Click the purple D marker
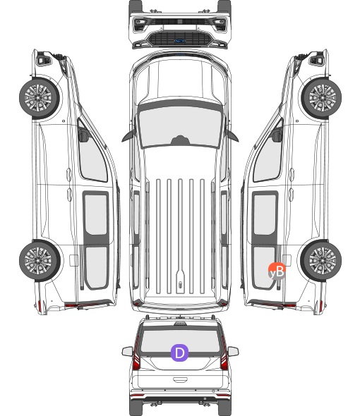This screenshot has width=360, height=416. point(179,353)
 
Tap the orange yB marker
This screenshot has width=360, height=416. point(277,271)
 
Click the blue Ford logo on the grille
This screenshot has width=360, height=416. point(180,41)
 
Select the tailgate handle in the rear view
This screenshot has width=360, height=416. point(180,380)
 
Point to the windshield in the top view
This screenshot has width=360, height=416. point(180,126)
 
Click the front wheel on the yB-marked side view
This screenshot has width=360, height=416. point(321,97)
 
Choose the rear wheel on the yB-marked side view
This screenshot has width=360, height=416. point(321,260)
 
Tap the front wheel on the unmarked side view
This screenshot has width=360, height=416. point(40,97)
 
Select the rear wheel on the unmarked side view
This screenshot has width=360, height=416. point(40,260)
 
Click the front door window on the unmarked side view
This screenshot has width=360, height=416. point(92,154)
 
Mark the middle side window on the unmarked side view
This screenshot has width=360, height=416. point(96,214)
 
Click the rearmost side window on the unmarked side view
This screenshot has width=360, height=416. point(96,267)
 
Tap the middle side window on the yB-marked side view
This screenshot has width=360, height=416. point(265,214)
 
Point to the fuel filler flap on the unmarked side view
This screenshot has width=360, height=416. point(73,260)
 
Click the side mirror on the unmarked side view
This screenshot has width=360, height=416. point(83,135)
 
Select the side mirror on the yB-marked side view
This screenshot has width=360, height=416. point(277,135)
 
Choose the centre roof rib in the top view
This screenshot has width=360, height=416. point(180,236)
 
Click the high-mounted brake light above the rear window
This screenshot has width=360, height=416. point(180,324)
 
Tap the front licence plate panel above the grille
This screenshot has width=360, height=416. point(180,27)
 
